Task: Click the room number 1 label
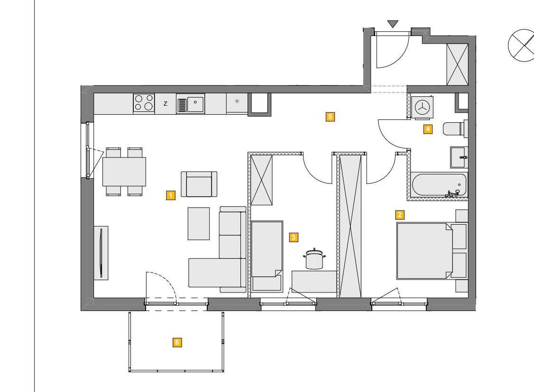(171, 195)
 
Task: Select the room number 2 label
(399, 215)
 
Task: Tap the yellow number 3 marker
(294, 237)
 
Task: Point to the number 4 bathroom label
(428, 129)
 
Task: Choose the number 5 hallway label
(330, 117)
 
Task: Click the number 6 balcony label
(177, 342)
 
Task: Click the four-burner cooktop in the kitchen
(144, 103)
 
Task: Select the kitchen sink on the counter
(190, 103)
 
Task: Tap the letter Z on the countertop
(166, 103)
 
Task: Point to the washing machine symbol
(422, 107)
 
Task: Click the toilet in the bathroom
(455, 129)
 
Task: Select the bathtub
(439, 185)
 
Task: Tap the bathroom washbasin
(459, 157)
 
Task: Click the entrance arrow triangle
(393, 24)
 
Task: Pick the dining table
(124, 172)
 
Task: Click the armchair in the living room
(199, 184)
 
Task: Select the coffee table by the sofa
(199, 224)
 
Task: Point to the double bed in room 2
(425, 251)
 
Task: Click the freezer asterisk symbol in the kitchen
(238, 101)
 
